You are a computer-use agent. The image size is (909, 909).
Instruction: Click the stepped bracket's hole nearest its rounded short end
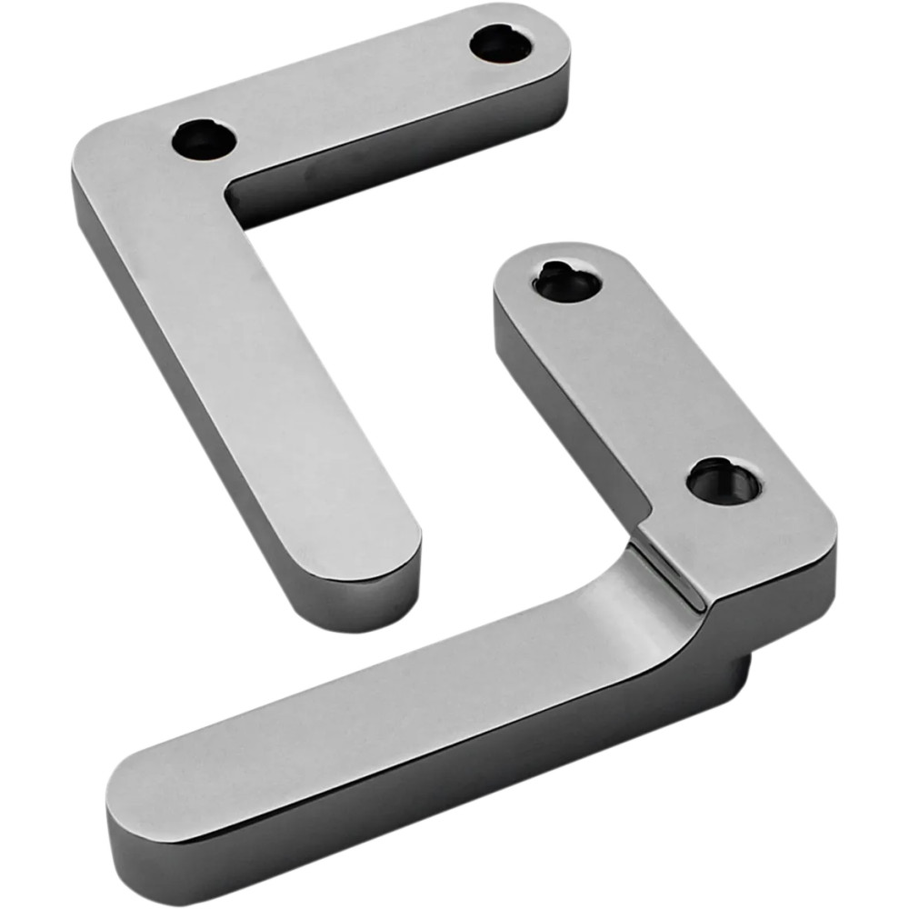[565, 282]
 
